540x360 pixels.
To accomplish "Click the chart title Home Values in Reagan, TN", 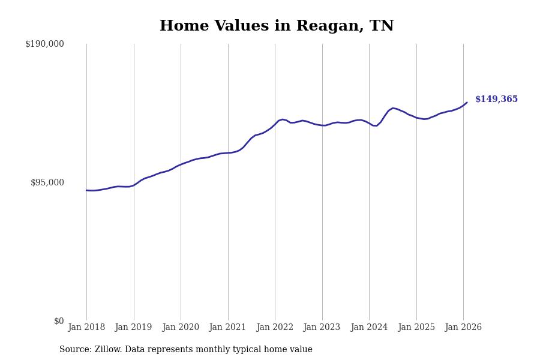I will (x=277, y=26).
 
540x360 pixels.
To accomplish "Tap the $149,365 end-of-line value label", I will (x=496, y=100).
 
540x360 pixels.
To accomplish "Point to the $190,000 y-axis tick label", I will (x=44, y=44).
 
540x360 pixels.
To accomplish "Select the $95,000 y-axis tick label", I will (x=47, y=182).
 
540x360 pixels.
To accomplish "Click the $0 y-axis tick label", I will (x=59, y=321).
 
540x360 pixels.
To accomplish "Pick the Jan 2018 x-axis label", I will (x=86, y=328).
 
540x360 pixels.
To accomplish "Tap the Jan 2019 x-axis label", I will (x=133, y=328).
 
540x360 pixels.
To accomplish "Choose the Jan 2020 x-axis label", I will (x=181, y=328).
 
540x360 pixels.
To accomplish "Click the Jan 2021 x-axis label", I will (x=227, y=328).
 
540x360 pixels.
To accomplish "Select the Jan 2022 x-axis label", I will (x=275, y=328).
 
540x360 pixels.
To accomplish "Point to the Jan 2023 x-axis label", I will (x=322, y=328).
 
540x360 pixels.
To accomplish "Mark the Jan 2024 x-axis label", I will (x=369, y=328).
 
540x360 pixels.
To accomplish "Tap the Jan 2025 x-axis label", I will (x=416, y=328).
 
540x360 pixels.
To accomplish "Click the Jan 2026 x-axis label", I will (x=463, y=328).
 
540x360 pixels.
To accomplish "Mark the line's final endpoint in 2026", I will (x=467, y=103).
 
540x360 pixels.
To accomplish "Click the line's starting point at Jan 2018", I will (x=86, y=190).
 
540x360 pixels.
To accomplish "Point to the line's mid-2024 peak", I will (x=392, y=108).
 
